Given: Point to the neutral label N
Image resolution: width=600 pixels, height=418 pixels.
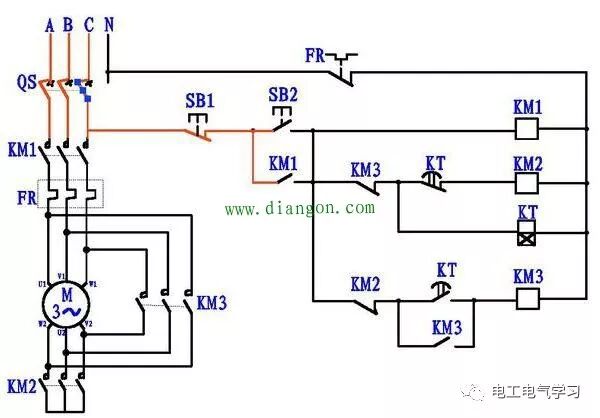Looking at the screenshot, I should [x=108, y=25].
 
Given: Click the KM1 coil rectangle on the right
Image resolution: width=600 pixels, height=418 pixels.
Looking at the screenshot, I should [x=527, y=129].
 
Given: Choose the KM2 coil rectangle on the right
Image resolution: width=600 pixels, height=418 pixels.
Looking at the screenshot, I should [x=527, y=183].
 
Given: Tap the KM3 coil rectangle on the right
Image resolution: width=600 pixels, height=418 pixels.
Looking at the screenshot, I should [x=527, y=297].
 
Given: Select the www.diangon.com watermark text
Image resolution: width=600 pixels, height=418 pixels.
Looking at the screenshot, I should [x=299, y=209].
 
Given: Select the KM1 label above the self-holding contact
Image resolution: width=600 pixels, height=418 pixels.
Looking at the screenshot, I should [x=283, y=161].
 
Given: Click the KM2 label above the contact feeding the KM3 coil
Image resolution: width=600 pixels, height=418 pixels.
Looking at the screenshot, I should [x=366, y=284].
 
